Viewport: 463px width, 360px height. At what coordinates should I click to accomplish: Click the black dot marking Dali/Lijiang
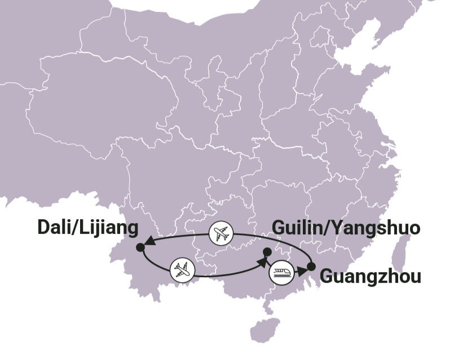point(140,247)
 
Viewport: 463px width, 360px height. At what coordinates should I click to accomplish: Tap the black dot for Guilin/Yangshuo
point(267,251)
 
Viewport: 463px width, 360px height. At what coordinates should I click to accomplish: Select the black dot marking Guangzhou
point(311,266)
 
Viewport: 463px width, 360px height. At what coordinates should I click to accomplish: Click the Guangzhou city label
point(370,277)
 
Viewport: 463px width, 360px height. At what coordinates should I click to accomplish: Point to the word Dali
point(55,228)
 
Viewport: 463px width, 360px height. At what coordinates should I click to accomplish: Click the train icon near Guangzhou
point(281,272)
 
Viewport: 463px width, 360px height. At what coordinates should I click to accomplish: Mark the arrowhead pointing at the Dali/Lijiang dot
point(149,244)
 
